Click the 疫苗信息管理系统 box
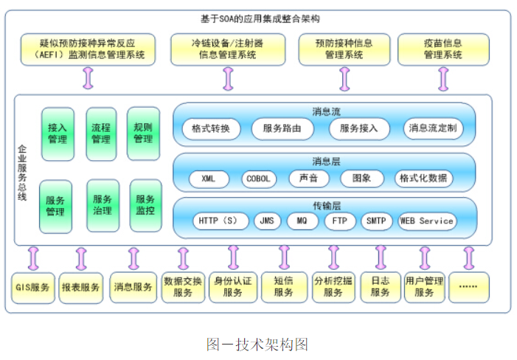pos(444,49)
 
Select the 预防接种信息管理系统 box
pos(344,49)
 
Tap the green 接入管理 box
pos(57,134)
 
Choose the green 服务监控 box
pos(145,204)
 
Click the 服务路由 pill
pos(282,129)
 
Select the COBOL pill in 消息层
pos(257,179)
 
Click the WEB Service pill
pos(426,221)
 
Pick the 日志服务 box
pos(381,287)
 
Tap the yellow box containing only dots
pos(468,287)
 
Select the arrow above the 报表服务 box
pos(81,258)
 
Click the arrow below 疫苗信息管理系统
pos(443,78)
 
